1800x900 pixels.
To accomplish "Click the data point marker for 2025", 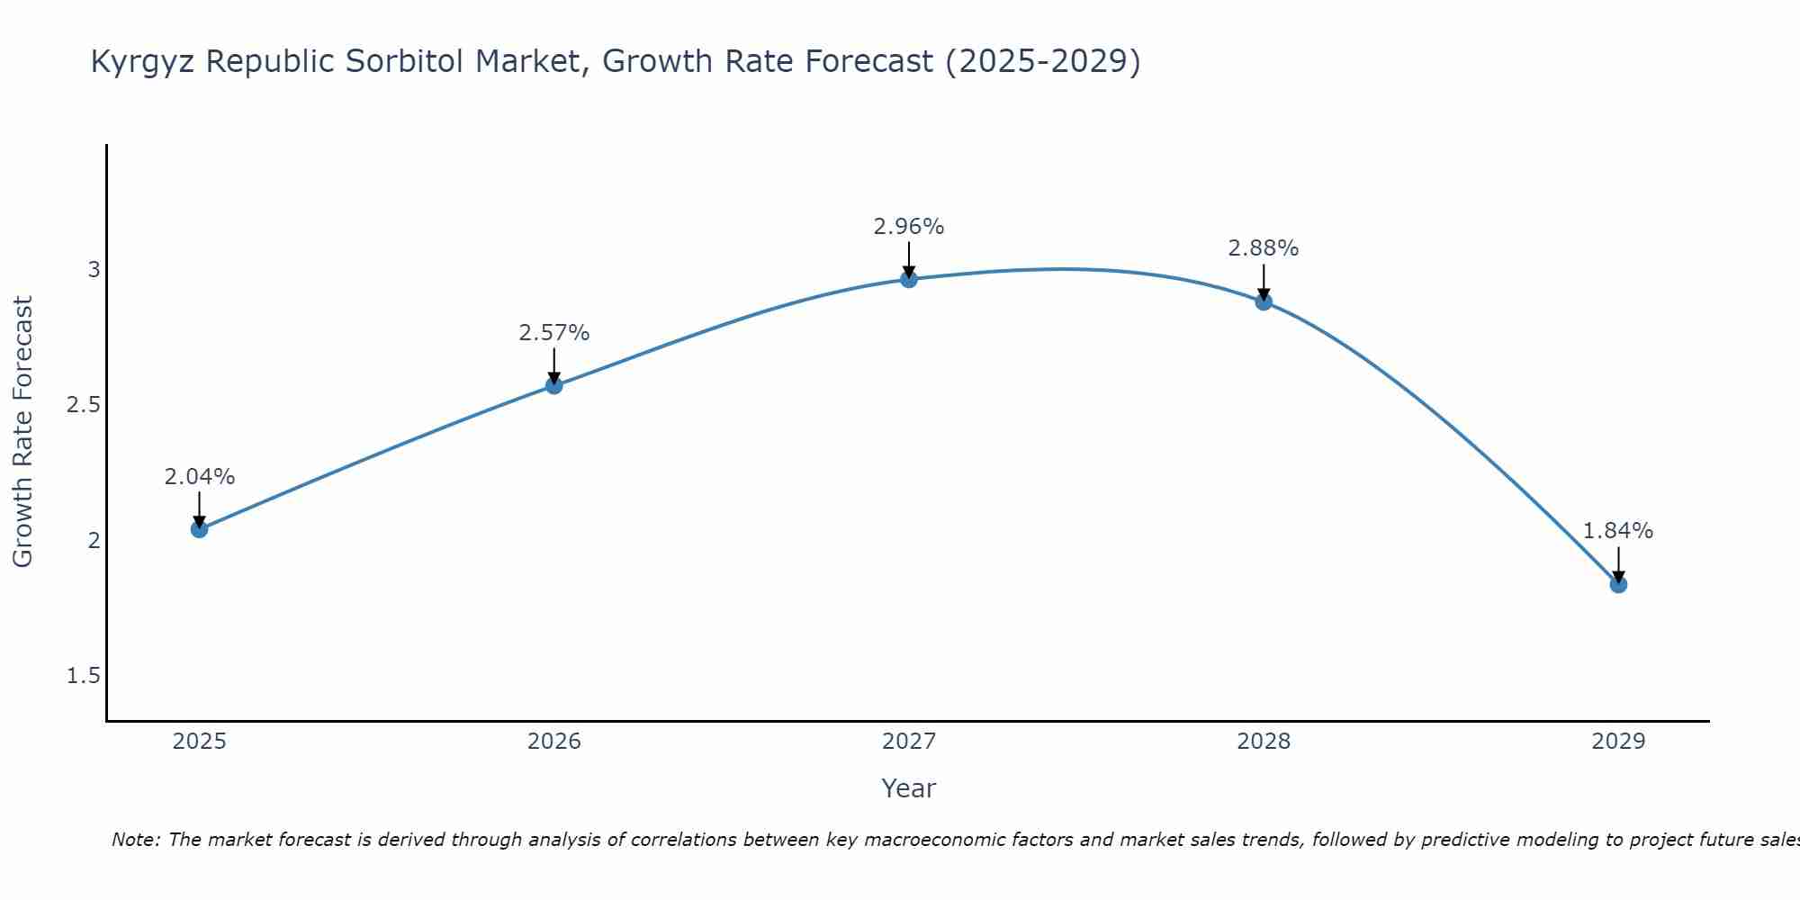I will click(x=200, y=529).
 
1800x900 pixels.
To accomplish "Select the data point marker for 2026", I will click(x=554, y=386).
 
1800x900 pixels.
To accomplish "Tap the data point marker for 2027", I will click(x=909, y=280).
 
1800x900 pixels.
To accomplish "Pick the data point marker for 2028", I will click(x=1264, y=301).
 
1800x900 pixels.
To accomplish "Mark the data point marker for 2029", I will click(x=1618, y=585).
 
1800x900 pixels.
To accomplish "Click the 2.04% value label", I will click(x=200, y=477).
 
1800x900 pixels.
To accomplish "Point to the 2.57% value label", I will click(x=554, y=333).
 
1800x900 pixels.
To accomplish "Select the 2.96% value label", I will click(x=909, y=227).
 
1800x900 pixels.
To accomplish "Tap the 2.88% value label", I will click(x=1264, y=248).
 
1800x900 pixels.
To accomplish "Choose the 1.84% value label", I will click(x=1618, y=531).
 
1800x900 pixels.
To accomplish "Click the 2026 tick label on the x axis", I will click(x=554, y=742).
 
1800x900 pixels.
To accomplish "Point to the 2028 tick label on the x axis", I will click(x=1264, y=742).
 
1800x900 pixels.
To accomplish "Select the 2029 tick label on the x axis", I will click(x=1618, y=742).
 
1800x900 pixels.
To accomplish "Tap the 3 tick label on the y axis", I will click(x=94, y=270).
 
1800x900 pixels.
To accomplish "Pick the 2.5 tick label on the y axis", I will click(x=84, y=405).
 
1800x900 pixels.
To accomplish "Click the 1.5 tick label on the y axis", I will click(x=84, y=676).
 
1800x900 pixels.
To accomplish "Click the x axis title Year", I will click(x=909, y=788).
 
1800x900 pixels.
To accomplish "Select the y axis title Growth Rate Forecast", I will click(x=23, y=432).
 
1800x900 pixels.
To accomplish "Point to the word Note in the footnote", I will click(x=135, y=840).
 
